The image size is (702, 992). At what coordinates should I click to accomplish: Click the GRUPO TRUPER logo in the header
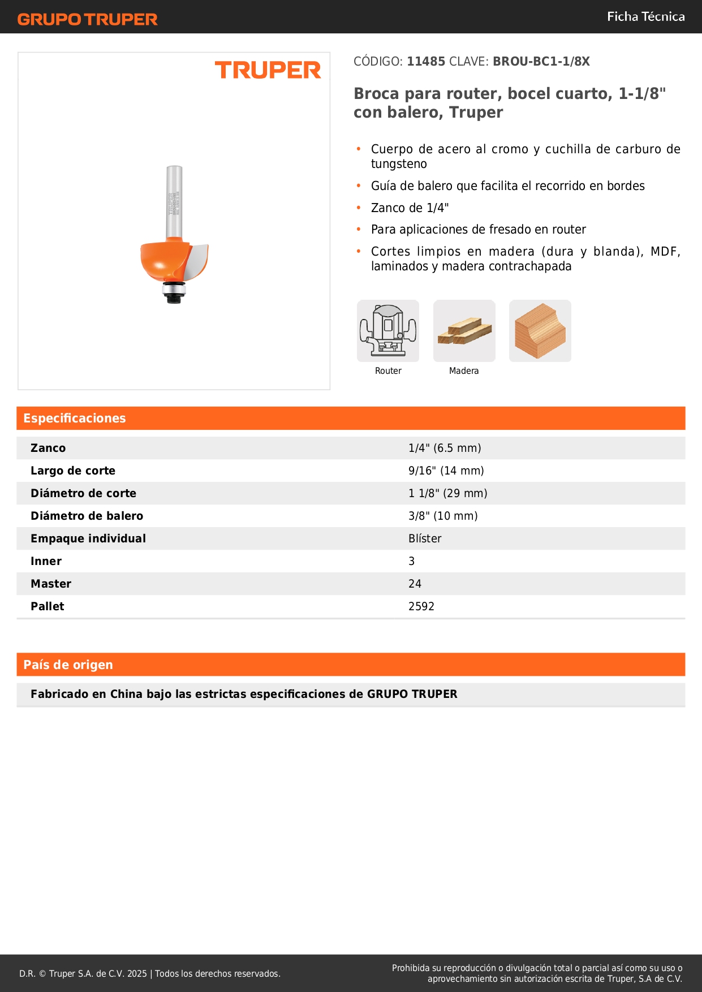[x=88, y=19]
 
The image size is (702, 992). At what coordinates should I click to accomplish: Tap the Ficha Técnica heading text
[x=645, y=17]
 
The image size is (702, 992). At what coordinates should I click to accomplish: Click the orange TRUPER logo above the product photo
[x=268, y=70]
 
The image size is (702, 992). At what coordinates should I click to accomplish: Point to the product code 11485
[x=426, y=62]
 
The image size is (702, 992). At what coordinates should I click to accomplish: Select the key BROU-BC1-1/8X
[x=541, y=62]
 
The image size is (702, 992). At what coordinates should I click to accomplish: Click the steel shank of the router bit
[x=174, y=201]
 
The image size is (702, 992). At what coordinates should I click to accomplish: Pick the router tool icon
[x=388, y=331]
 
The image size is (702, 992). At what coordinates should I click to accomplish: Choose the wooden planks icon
[x=464, y=331]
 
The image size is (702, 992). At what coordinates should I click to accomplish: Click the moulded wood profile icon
[x=540, y=331]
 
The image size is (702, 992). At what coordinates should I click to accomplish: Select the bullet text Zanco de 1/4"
[x=410, y=208]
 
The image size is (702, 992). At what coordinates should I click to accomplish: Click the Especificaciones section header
[x=75, y=419]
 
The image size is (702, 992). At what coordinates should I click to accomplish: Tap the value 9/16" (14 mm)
[x=446, y=471]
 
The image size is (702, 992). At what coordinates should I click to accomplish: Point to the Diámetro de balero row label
[x=87, y=516]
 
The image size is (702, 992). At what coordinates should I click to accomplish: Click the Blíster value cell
[x=425, y=538]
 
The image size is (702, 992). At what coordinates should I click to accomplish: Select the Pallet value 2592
[x=421, y=606]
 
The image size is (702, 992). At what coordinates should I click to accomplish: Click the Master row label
[x=51, y=584]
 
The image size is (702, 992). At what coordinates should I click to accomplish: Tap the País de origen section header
[x=68, y=665]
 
